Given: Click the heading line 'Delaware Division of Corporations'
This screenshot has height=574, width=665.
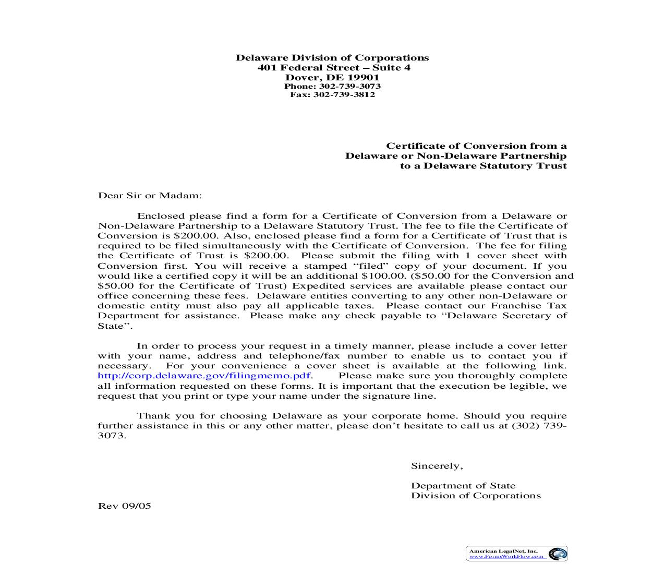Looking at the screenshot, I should (x=332, y=58).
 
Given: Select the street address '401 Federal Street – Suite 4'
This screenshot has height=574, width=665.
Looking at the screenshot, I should (x=334, y=68).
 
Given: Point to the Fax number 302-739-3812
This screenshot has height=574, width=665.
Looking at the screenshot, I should (x=344, y=94).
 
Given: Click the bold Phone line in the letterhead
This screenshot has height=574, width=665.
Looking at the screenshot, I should (x=332, y=86).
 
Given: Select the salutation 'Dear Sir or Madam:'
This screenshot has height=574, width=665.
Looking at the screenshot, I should (x=150, y=196).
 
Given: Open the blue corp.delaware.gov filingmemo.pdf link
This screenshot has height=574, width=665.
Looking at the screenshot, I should (x=204, y=376).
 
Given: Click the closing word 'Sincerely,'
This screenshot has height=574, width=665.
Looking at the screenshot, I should (x=437, y=466).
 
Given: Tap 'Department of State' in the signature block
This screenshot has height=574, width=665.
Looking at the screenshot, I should (x=463, y=486).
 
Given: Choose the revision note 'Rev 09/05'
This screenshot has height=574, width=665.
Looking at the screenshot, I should (x=125, y=506).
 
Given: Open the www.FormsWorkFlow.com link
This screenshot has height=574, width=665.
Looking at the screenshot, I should (x=507, y=557).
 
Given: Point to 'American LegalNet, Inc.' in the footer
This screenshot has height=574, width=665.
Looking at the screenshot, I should (x=503, y=551).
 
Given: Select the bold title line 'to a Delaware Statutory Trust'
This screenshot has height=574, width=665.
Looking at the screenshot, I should (x=483, y=166).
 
